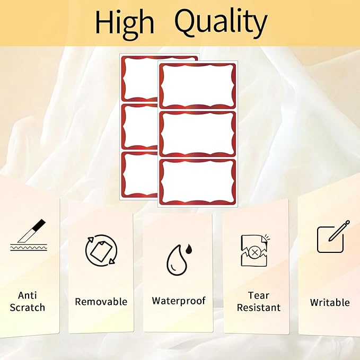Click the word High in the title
[x=125, y=24]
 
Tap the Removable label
[x=101, y=302]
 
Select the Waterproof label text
[x=179, y=301]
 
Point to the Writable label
[x=330, y=302]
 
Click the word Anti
[x=28, y=295]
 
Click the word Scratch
[x=28, y=308]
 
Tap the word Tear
[x=259, y=295]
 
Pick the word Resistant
[x=259, y=308]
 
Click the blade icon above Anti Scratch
[x=29, y=235]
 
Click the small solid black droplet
[x=189, y=249]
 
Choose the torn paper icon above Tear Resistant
[x=254, y=250]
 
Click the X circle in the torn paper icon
[x=254, y=253]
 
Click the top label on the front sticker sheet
[x=197, y=86]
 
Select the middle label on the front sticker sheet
[x=197, y=134]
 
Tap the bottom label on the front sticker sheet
[x=197, y=182]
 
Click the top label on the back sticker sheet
[x=140, y=78]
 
